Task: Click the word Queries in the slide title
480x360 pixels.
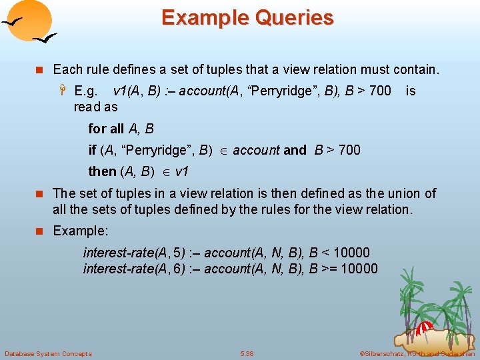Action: coord(293,17)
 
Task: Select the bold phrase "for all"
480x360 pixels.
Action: coord(106,129)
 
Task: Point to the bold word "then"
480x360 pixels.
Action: coord(102,171)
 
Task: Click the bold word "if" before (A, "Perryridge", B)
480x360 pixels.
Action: coord(92,150)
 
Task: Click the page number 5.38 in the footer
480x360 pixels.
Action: coord(247,353)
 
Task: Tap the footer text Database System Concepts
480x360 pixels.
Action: coord(48,353)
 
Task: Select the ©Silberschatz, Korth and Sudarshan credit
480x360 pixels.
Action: coord(417,353)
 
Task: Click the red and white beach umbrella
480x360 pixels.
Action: coord(424,328)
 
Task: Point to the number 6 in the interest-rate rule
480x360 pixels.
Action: coord(177,269)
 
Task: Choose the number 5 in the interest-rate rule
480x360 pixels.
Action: coord(177,253)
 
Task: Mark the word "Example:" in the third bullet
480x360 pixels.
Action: coord(80,230)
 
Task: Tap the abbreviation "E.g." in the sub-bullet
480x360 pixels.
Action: coord(87,91)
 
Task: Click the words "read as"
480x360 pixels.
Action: coord(96,107)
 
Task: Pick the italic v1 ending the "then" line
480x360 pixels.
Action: coord(181,171)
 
